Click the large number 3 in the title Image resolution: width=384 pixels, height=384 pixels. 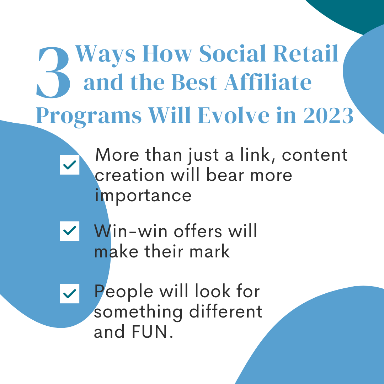coord(53,73)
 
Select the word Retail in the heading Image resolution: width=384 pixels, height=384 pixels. coord(306,54)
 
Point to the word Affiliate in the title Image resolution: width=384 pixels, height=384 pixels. coord(268,82)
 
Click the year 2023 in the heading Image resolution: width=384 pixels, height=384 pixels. coord(329,115)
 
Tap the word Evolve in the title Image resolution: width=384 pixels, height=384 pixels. coord(233,115)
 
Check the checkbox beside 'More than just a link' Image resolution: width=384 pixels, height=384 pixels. coord(70,165)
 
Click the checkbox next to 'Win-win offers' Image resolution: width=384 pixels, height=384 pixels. coord(70,231)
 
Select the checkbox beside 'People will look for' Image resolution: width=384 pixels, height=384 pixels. coord(70,294)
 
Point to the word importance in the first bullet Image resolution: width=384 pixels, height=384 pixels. coord(143,196)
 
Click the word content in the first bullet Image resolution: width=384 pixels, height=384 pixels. coord(315,155)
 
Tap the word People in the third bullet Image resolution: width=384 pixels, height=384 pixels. coord(124,292)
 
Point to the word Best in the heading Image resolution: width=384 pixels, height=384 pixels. coord(194,82)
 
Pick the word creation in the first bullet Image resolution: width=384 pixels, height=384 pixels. coord(129,175)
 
